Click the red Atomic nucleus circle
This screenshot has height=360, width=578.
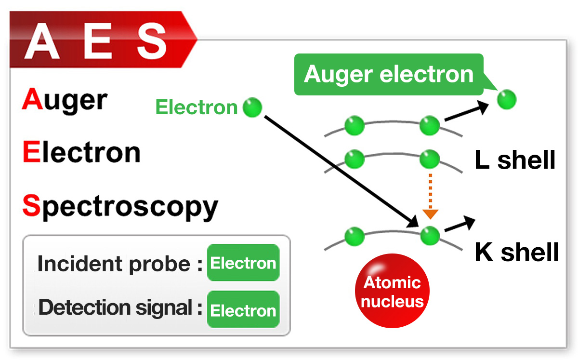(x=392, y=292)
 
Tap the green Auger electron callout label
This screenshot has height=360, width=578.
(x=389, y=75)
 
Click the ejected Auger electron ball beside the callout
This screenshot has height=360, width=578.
(x=506, y=100)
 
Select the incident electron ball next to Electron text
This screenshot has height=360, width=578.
(x=252, y=107)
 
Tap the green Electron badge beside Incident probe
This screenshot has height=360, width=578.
(x=243, y=263)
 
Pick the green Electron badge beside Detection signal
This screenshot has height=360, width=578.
(x=243, y=310)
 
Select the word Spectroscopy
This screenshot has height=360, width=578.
(x=120, y=207)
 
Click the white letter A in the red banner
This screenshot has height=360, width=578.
(x=42, y=40)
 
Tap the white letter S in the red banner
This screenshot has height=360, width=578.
(x=151, y=40)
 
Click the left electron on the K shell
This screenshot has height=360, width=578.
(x=355, y=236)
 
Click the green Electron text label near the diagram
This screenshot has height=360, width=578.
(x=197, y=107)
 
